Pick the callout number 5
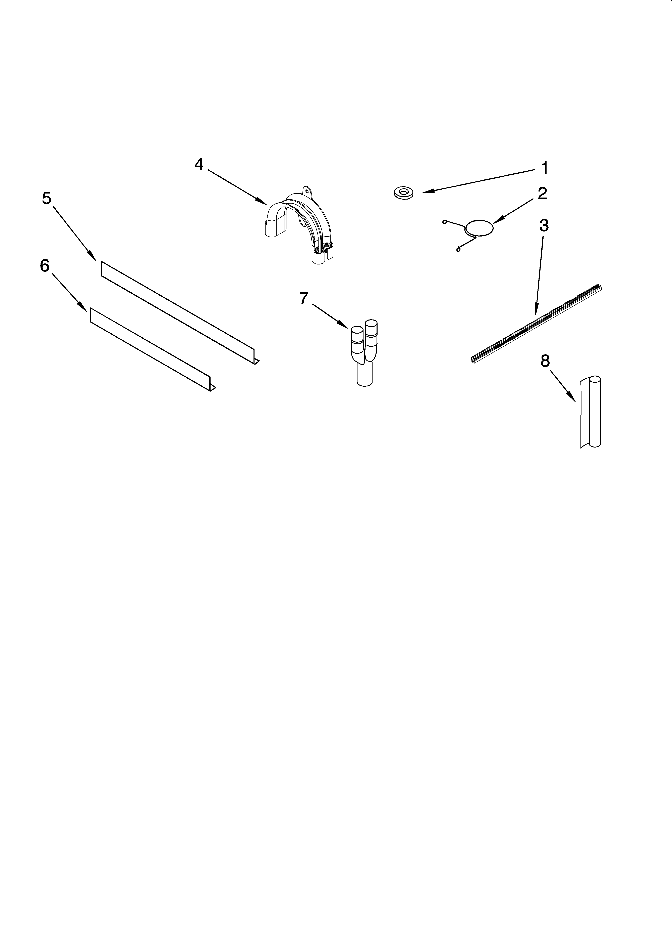coord(47,199)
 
